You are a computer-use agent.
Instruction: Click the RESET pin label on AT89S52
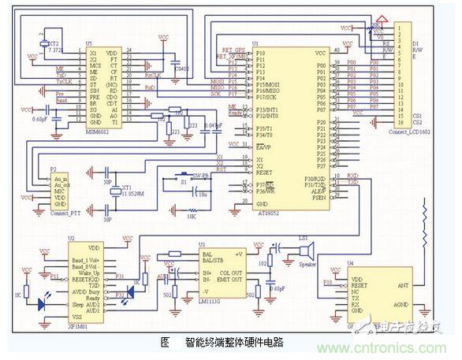tap(266, 171)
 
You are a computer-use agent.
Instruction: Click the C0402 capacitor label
tap(183, 69)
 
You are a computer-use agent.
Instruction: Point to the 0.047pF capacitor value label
tap(212, 125)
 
